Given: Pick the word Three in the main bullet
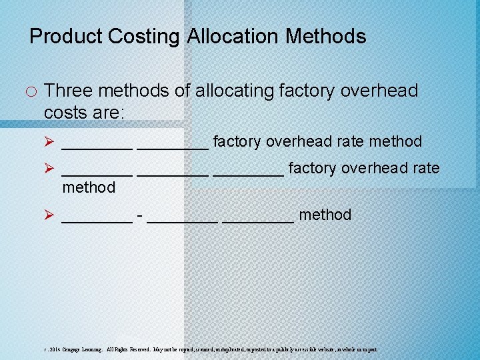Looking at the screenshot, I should point(68,91).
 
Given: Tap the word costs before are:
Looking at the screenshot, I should point(66,112).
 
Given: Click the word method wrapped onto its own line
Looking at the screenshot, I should point(89,188).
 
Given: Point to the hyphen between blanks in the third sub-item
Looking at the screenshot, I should point(139,215).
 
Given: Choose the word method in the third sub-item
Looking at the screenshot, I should point(325,215).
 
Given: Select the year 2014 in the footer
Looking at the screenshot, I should point(53,349).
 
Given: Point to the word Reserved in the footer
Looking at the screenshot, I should point(136,349).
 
